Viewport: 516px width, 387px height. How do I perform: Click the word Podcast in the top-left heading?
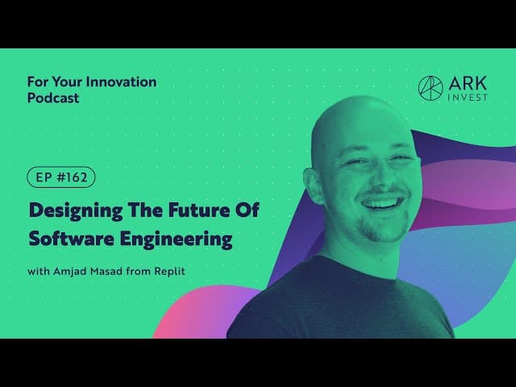(53, 98)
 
